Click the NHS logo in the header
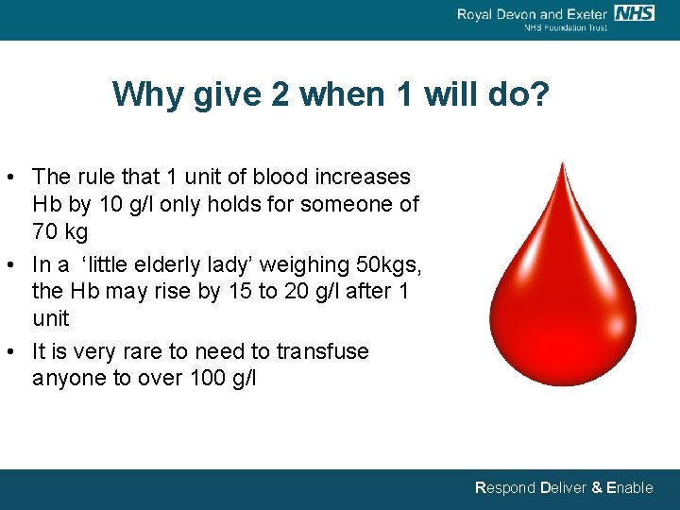(x=634, y=12)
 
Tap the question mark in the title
(x=539, y=94)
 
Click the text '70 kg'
(x=59, y=232)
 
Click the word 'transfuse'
(x=322, y=351)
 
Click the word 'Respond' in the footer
(x=505, y=488)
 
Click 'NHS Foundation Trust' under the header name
(x=566, y=27)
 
